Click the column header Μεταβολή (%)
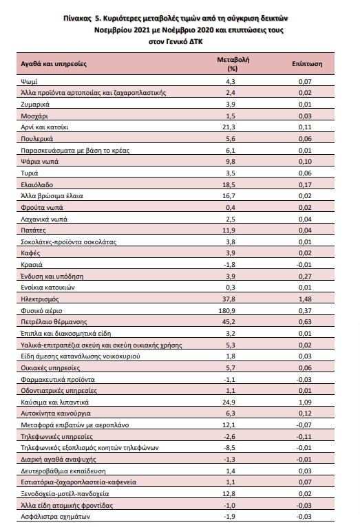pos(233,64)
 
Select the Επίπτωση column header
pos(307,64)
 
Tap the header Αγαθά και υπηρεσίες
pos(54,64)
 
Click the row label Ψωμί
pos(29,82)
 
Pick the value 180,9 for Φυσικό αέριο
pos(227,311)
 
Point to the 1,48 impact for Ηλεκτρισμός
pos(305,299)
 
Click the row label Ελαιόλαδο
pos(37,185)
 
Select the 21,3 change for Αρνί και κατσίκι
pos(229,127)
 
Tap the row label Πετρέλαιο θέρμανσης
pos(54,322)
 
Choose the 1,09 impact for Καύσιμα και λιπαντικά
pos(305,402)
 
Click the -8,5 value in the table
pos(230,448)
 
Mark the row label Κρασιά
pos(32,265)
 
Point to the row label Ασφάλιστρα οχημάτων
pos(56,517)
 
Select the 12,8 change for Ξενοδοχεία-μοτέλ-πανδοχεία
pos(229,494)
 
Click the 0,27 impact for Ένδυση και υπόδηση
pos(305,277)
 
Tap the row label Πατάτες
pos(33,230)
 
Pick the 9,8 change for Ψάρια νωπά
pos(231,162)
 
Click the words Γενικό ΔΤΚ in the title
pos(184,42)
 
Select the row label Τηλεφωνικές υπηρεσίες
pos(57,437)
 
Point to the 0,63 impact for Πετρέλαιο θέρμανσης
pos(305,322)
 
